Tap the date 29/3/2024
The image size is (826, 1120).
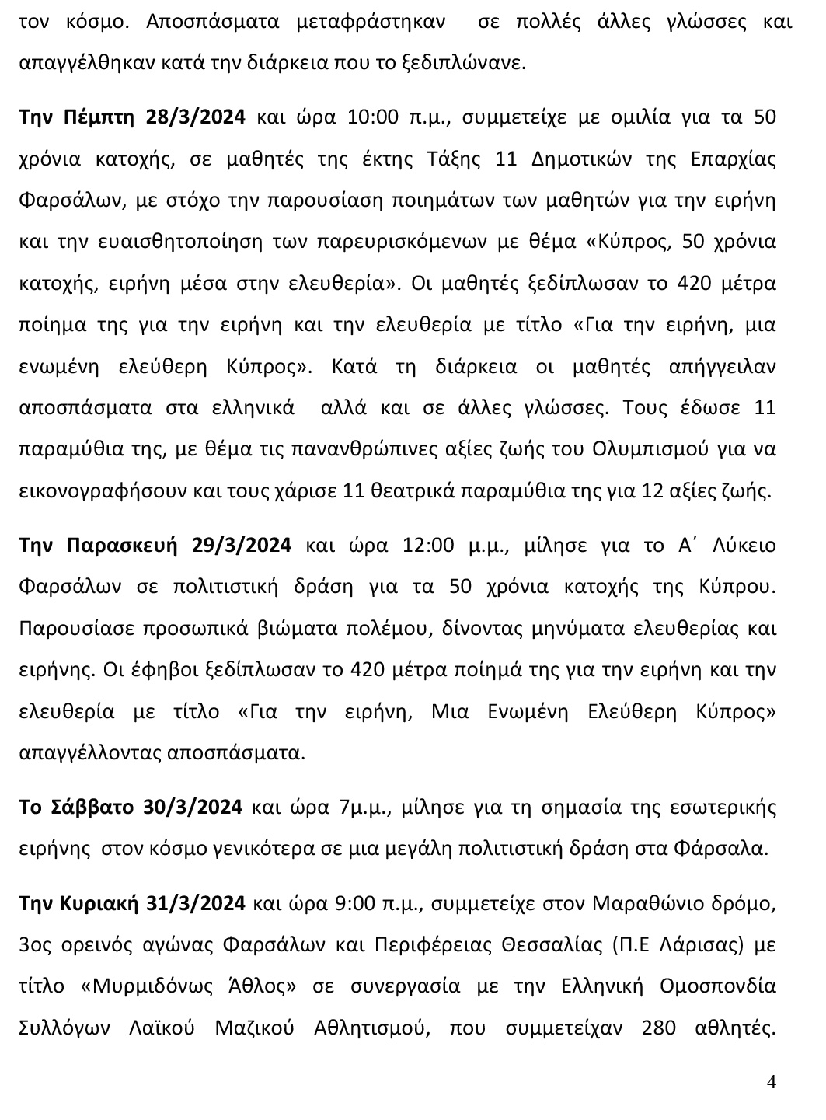tap(241, 544)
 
